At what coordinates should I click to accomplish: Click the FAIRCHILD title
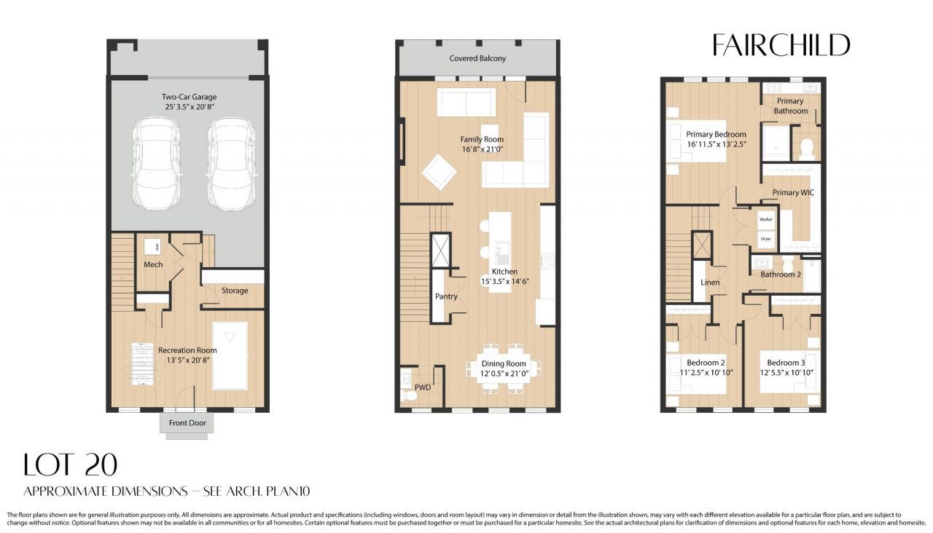pyautogui.click(x=781, y=45)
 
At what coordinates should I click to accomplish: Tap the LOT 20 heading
pyautogui.click(x=70, y=465)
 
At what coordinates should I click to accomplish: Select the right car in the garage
pyautogui.click(x=230, y=164)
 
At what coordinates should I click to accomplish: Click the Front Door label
pyautogui.click(x=187, y=423)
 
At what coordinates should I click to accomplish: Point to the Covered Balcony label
pyautogui.click(x=477, y=58)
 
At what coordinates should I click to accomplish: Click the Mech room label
pyautogui.click(x=153, y=264)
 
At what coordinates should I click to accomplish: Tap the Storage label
pyautogui.click(x=235, y=291)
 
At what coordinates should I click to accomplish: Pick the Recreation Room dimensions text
pyautogui.click(x=187, y=360)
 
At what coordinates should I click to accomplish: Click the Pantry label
pyautogui.click(x=446, y=296)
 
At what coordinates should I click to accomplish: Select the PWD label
pyautogui.click(x=422, y=387)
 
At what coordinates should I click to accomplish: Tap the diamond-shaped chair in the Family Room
pyautogui.click(x=439, y=172)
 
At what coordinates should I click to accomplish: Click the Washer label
pyautogui.click(x=765, y=219)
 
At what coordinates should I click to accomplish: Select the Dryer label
pyautogui.click(x=765, y=238)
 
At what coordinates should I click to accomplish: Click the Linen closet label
pyautogui.click(x=710, y=283)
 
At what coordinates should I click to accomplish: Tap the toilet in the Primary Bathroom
pyautogui.click(x=806, y=149)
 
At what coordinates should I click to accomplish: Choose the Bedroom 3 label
pyautogui.click(x=786, y=363)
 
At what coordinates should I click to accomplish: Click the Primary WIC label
pyautogui.click(x=793, y=193)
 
